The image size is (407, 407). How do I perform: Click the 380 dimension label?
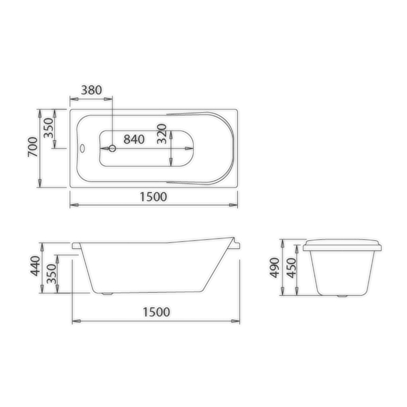[91, 90]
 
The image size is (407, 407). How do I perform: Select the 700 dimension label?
[33, 147]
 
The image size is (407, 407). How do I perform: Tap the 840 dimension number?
[134, 140]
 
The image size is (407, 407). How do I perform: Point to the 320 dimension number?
[162, 134]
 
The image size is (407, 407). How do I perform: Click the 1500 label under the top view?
[153, 197]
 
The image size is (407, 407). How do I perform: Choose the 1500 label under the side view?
[156, 312]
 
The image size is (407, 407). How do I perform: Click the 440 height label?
[35, 266]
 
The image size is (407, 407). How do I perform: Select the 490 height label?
[274, 267]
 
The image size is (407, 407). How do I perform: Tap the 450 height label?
[291, 268]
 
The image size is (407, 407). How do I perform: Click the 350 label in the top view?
[48, 128]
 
